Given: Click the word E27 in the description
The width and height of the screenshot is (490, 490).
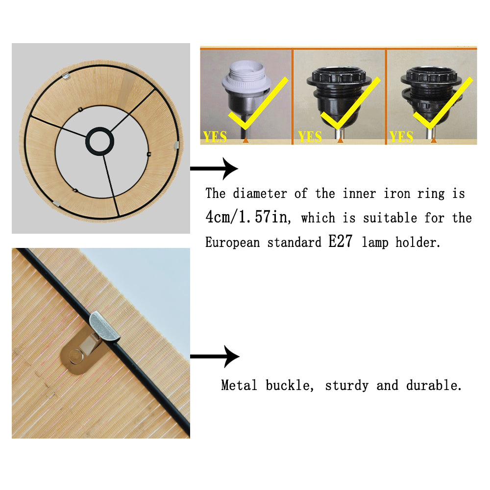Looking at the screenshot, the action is (341, 241).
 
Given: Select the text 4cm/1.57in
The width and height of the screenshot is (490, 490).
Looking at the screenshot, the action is (248, 217).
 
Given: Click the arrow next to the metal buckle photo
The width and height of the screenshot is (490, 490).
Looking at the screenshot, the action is (215, 357).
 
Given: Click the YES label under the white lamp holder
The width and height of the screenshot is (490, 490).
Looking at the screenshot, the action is (215, 137).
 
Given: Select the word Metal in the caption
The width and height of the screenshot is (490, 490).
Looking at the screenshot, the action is (239, 385).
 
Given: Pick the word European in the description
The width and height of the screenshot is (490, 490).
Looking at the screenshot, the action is (232, 243).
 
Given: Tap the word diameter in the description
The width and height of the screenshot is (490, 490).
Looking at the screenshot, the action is (260, 194).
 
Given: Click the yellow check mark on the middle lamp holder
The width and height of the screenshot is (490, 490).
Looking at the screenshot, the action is (350, 104).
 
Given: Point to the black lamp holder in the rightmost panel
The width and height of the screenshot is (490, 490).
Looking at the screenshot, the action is (431, 98).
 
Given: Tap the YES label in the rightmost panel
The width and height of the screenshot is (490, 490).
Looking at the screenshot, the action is (401, 137).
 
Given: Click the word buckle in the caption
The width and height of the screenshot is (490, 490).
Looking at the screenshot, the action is (290, 385).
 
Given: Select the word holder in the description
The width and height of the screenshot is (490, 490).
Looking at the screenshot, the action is (417, 242).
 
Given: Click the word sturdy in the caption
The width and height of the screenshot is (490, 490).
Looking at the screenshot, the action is (346, 386).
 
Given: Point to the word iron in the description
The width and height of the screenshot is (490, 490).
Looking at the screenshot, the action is (396, 194).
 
